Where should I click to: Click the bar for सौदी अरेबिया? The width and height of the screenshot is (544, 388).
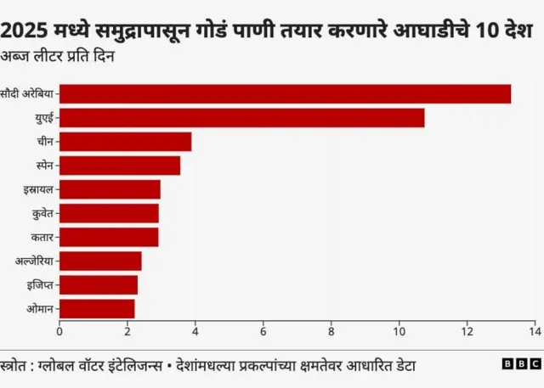pos(285,94)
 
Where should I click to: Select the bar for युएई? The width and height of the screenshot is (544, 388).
pos(241,118)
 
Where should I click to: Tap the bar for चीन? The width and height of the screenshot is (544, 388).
pos(125,142)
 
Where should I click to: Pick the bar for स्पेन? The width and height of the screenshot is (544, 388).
pos(120,166)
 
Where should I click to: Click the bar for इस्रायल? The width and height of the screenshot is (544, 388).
pos(110,189)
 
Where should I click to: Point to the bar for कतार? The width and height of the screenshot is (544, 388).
pos(109,237)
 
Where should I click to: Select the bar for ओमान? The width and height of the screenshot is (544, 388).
pos(97,308)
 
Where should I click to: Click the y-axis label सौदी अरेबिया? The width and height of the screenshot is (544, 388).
pos(28,94)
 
